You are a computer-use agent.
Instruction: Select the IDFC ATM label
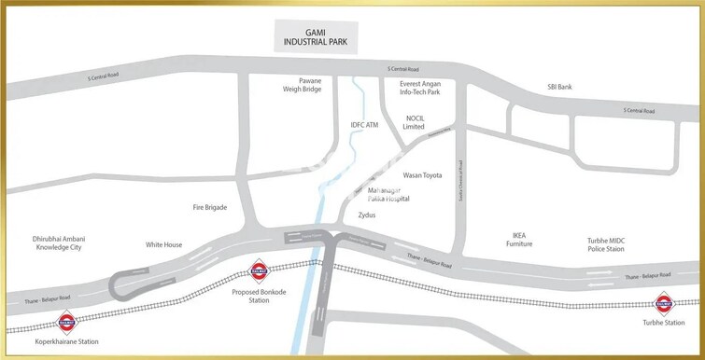tap(363, 124)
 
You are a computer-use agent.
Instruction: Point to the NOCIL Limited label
tap(415, 123)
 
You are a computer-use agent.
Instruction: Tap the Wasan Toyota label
tap(422, 174)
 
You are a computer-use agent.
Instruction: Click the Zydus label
tap(367, 215)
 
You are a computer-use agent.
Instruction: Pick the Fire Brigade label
tap(210, 207)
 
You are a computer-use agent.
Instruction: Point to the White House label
tap(164, 244)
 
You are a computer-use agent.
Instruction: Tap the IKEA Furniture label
tap(519, 240)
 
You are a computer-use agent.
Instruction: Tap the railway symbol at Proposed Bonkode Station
tap(257, 272)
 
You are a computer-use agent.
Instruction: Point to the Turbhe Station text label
tap(664, 323)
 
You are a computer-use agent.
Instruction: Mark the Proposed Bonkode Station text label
tap(256, 297)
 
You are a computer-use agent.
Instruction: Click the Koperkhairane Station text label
tap(65, 342)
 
